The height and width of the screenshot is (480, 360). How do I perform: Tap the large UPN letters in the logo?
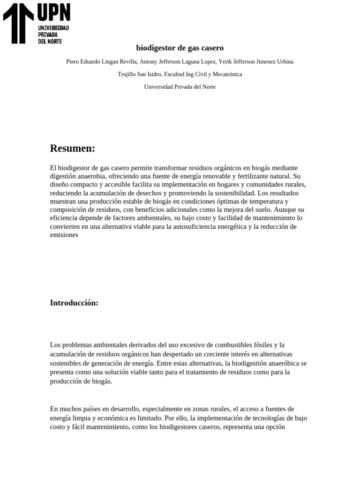point(53,13)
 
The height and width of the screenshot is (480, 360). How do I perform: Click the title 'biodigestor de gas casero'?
point(180,48)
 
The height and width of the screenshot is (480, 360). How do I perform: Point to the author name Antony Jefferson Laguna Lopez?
point(178,62)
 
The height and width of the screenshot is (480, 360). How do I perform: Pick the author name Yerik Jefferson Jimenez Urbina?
point(256,62)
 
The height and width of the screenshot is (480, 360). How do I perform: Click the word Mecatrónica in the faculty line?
point(227,75)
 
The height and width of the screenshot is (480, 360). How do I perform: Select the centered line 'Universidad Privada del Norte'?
point(180,87)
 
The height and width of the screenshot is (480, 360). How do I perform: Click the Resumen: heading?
point(73,149)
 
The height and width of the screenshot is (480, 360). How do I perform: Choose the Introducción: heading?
point(74,303)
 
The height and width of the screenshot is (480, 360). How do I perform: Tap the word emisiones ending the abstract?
point(64,235)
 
